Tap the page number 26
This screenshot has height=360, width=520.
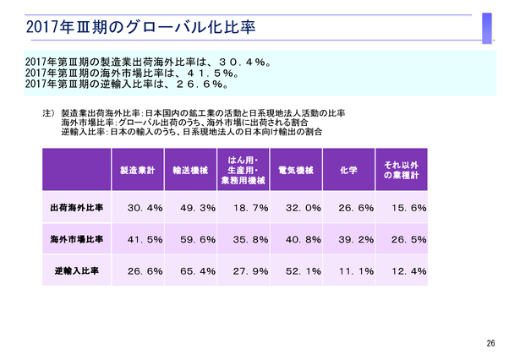point(491,342)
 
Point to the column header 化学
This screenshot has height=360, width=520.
point(348,170)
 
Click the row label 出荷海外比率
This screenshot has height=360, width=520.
point(77,207)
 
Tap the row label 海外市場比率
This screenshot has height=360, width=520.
point(77,239)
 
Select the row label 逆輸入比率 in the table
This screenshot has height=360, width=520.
point(77,271)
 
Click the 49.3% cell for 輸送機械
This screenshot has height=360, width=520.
point(197,208)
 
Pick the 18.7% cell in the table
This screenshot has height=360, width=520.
point(249,208)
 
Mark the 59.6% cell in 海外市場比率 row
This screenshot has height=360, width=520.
point(197,240)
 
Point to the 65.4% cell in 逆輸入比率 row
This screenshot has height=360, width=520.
point(197,272)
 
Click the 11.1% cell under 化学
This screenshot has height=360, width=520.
point(356,272)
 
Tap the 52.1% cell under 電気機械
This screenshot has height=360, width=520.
point(303,272)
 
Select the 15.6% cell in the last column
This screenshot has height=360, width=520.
point(408,208)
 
